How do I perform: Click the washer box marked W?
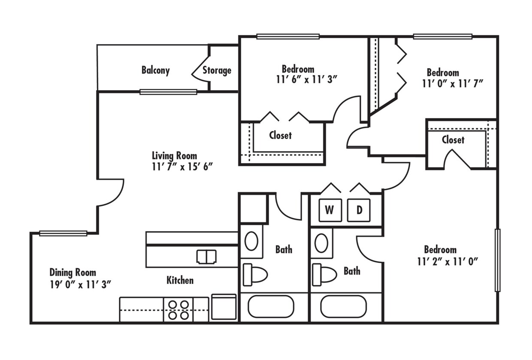[329, 210]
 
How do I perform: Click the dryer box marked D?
[359, 210]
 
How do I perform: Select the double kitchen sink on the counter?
[206, 257]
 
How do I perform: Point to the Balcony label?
[155, 70]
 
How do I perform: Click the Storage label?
[217, 70]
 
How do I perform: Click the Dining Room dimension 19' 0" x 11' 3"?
[81, 284]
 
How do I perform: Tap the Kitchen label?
[180, 280]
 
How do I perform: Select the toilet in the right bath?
[324, 274]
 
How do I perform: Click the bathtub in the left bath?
[271, 306]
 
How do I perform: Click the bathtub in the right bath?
[344, 306]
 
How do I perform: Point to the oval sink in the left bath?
[251, 241]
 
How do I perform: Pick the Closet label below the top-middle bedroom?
[280, 135]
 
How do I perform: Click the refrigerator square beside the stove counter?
[224, 307]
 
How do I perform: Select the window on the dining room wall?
[63, 233]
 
